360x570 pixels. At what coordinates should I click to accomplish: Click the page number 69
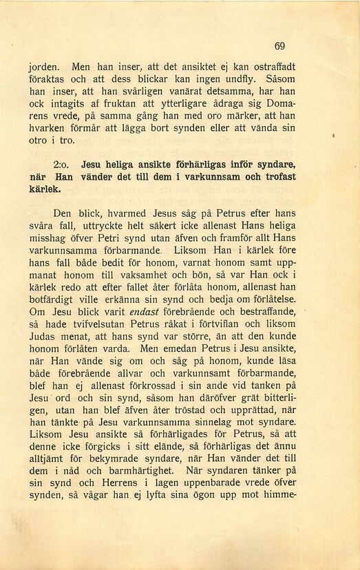[279, 46]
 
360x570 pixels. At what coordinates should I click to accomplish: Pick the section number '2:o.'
[63, 165]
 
